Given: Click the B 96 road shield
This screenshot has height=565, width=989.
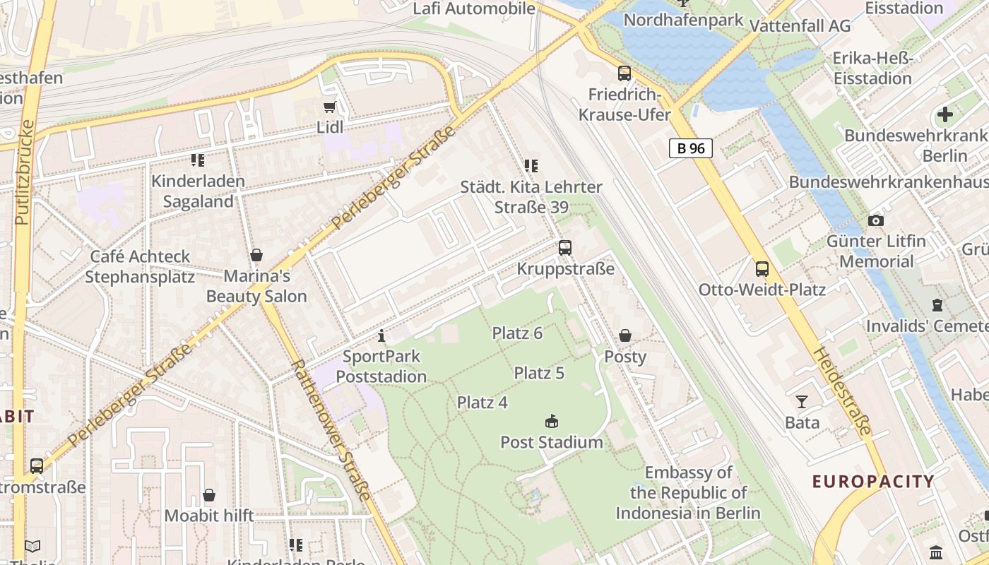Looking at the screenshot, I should (x=690, y=148).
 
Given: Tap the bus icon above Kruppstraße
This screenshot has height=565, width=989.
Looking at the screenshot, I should (x=564, y=248).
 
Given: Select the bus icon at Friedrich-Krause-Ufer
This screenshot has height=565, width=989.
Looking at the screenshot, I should (x=624, y=73).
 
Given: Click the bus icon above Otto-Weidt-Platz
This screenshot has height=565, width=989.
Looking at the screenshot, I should (x=762, y=269).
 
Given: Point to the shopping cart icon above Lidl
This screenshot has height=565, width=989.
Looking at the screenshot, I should (x=329, y=107).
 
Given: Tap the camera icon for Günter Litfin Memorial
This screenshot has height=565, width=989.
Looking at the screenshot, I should (x=876, y=221).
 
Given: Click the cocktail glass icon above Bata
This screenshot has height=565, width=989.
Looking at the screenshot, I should (x=802, y=402).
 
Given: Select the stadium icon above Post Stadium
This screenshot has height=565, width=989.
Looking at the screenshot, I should (x=552, y=422).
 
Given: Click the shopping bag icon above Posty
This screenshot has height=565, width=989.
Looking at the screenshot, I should (x=625, y=335).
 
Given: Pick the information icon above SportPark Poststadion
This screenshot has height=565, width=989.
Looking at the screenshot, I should (x=381, y=335).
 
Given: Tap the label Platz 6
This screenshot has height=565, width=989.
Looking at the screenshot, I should (x=517, y=333).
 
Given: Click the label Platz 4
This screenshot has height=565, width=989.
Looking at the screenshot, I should (x=482, y=403).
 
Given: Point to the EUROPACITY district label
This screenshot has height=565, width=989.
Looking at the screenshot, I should (x=873, y=482).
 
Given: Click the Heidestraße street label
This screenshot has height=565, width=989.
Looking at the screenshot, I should (x=841, y=391).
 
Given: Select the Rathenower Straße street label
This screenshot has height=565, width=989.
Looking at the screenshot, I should (x=331, y=430).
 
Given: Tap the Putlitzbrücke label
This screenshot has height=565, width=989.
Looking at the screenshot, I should (x=23, y=173).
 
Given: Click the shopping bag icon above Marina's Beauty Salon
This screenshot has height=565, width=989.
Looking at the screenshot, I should (x=256, y=255).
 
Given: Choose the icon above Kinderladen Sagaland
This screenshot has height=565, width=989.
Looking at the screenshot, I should (x=197, y=160).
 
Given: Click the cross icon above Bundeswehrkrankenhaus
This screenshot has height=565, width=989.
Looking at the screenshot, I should (x=944, y=114).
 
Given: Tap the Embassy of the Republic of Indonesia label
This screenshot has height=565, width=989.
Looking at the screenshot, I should (x=688, y=492).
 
